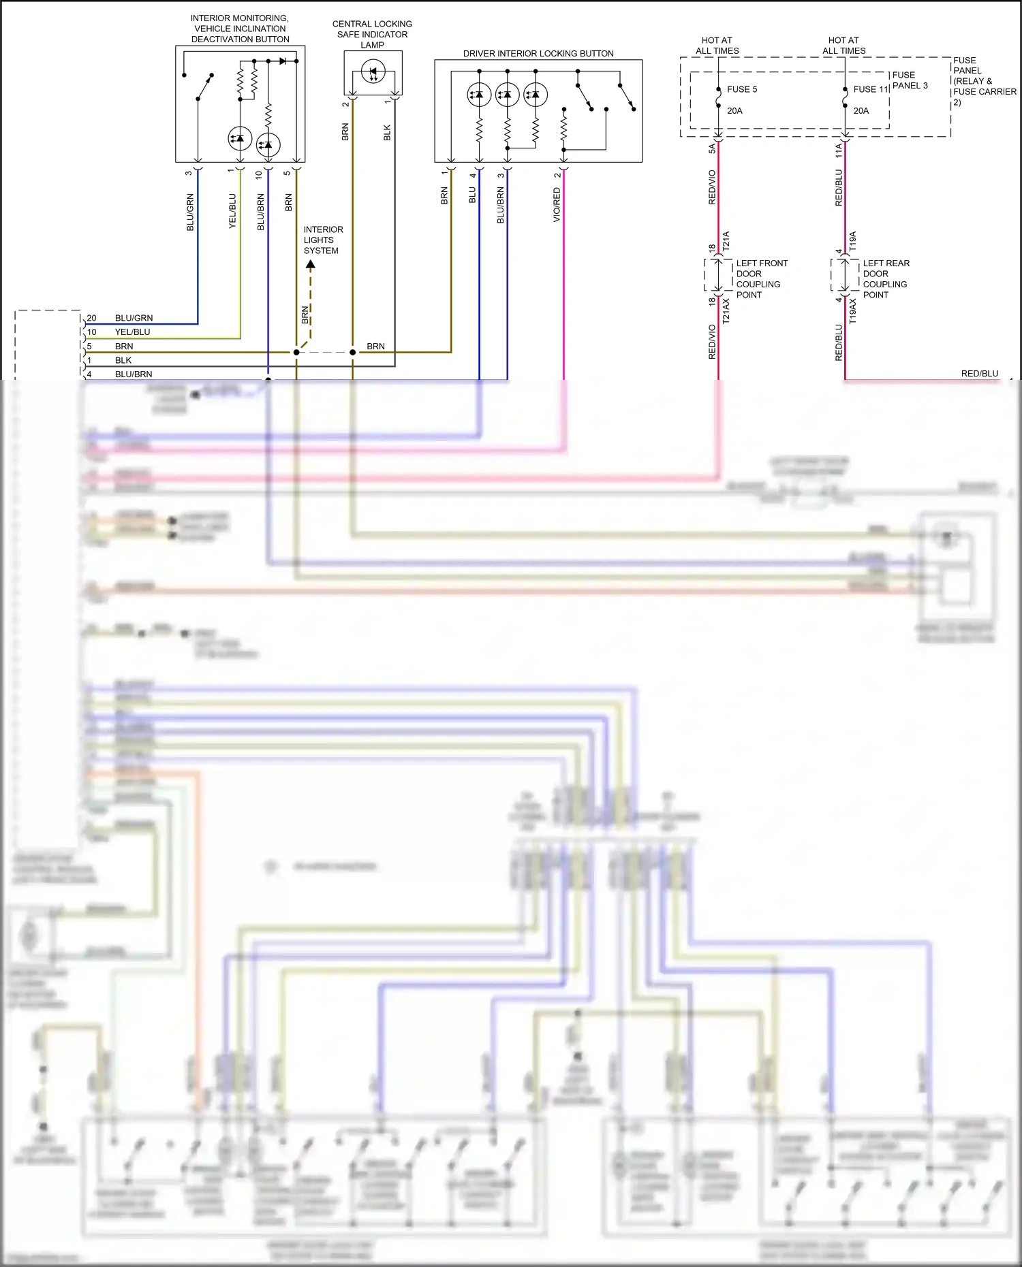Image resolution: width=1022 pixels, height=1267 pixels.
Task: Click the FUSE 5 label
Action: [x=741, y=89]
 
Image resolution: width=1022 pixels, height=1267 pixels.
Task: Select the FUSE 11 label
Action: [x=870, y=89]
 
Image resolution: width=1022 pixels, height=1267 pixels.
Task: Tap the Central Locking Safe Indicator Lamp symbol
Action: [x=373, y=71]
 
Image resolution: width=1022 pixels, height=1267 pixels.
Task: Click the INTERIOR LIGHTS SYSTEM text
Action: [x=323, y=240]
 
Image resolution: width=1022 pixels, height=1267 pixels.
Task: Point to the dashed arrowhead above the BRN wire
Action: [x=310, y=264]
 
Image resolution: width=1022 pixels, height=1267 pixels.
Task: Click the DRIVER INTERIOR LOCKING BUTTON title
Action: [x=538, y=53]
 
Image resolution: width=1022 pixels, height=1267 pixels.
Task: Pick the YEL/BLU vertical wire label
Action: [x=232, y=211]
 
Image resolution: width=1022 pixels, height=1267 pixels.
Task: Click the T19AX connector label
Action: [x=853, y=311]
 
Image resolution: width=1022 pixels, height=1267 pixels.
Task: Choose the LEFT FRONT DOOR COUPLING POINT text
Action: [x=761, y=279]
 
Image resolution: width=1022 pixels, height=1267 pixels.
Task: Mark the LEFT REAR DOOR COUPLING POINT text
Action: [x=886, y=279]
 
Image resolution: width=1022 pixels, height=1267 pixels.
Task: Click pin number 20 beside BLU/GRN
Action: [x=91, y=318]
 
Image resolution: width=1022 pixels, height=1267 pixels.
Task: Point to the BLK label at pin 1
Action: [x=123, y=360]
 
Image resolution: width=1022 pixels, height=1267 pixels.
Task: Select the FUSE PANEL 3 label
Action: [x=910, y=80]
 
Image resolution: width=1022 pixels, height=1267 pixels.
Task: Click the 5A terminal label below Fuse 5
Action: [x=712, y=148]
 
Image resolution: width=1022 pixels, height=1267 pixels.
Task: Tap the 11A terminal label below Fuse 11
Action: [x=839, y=150]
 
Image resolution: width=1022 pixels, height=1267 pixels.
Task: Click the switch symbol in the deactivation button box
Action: [x=204, y=86]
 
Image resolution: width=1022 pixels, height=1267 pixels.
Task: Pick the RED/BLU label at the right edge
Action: [x=979, y=374]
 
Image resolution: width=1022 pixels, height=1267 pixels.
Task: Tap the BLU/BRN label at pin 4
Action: [x=134, y=374]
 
